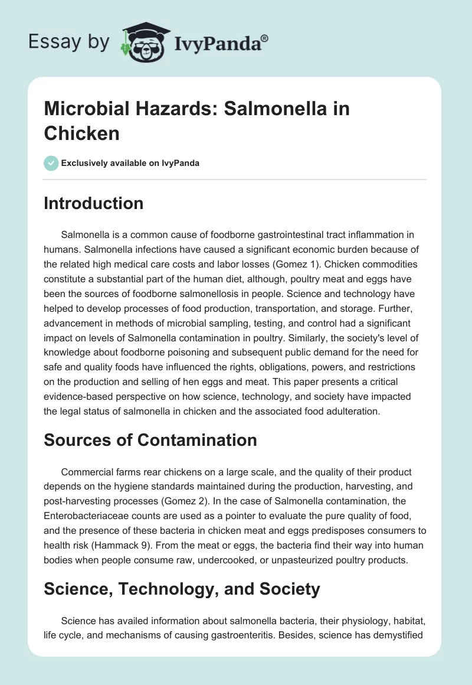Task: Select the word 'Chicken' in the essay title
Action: (x=81, y=133)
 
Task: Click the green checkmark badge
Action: (x=52, y=163)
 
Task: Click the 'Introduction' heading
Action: (x=94, y=203)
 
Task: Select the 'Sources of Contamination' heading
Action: (x=150, y=440)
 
